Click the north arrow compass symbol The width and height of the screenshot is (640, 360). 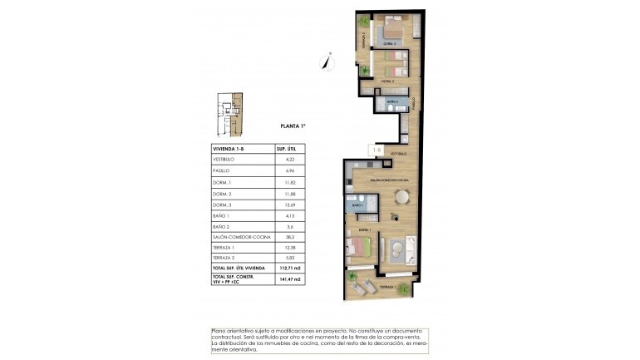[327, 61]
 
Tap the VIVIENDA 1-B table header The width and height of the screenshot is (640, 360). [229, 147]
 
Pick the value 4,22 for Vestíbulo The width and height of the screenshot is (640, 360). [290, 158]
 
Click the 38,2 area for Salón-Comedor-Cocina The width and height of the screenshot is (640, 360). [290, 236]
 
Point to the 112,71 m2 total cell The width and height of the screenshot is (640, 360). [290, 269]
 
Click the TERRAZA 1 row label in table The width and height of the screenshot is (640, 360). [226, 247]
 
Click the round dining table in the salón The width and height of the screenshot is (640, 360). [402, 197]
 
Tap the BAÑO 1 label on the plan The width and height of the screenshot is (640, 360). [357, 205]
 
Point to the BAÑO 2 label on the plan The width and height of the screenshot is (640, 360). [392, 102]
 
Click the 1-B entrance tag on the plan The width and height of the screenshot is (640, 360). [376, 150]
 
